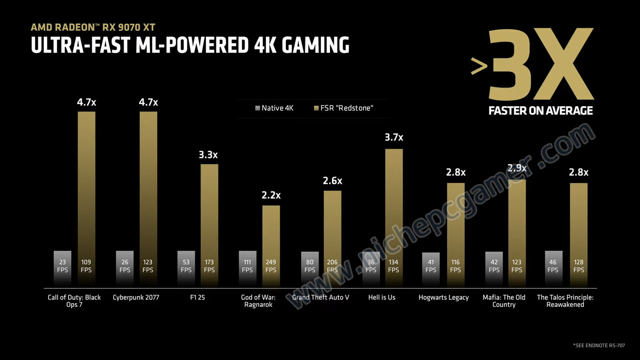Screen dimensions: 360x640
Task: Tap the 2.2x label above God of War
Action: [x=271, y=196]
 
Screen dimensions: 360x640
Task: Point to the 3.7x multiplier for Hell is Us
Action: [x=394, y=138]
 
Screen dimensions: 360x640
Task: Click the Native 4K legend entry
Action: [x=274, y=108]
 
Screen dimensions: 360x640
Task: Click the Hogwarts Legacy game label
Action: [x=443, y=297]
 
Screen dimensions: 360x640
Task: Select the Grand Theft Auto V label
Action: [x=320, y=297]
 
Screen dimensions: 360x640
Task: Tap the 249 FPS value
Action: [x=271, y=266]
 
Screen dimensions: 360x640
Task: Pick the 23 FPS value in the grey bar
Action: [x=62, y=266]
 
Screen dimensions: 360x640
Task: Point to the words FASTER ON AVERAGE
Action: [x=540, y=111]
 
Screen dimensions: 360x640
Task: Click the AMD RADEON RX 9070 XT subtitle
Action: [x=93, y=27]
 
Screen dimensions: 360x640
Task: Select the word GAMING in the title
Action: [x=315, y=45]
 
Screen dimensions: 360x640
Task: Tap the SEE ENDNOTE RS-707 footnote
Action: [x=599, y=346]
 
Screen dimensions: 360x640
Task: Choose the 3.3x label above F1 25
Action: [x=209, y=155]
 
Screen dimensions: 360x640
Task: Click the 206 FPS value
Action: [x=332, y=266]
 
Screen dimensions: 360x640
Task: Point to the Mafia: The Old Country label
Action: [x=504, y=301]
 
